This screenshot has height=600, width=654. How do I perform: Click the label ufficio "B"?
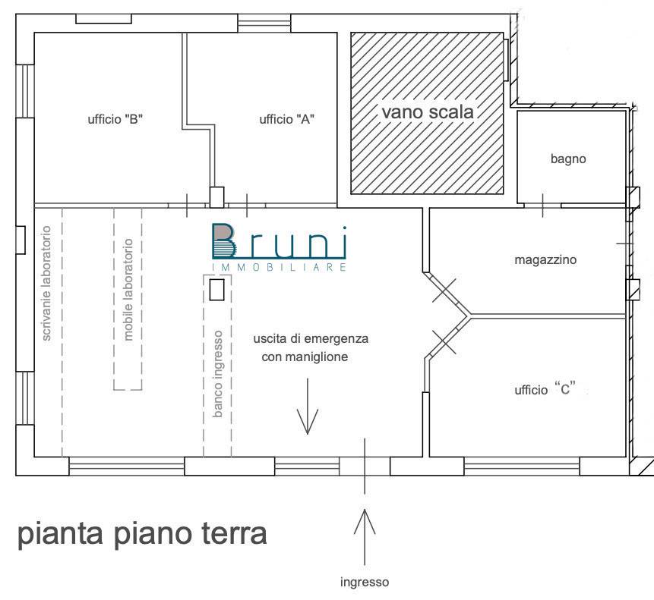[115, 119]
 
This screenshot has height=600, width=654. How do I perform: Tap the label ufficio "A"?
[287, 119]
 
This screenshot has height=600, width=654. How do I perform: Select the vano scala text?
[427, 112]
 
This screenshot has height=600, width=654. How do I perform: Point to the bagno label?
[568, 159]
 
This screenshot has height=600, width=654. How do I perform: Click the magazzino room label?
[545, 259]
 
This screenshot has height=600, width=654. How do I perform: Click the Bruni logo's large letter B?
[223, 241]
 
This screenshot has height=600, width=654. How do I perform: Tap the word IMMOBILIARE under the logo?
[280, 268]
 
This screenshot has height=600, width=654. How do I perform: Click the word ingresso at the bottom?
[365, 583]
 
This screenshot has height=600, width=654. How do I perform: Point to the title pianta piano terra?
[142, 534]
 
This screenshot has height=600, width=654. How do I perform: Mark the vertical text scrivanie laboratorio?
[47, 282]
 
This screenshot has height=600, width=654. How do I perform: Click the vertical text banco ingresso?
[218, 374]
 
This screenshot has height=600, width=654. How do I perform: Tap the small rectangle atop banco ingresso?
[216, 291]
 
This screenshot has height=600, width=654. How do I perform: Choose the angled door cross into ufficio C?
[444, 342]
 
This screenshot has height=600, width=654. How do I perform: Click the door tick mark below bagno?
[542, 205]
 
